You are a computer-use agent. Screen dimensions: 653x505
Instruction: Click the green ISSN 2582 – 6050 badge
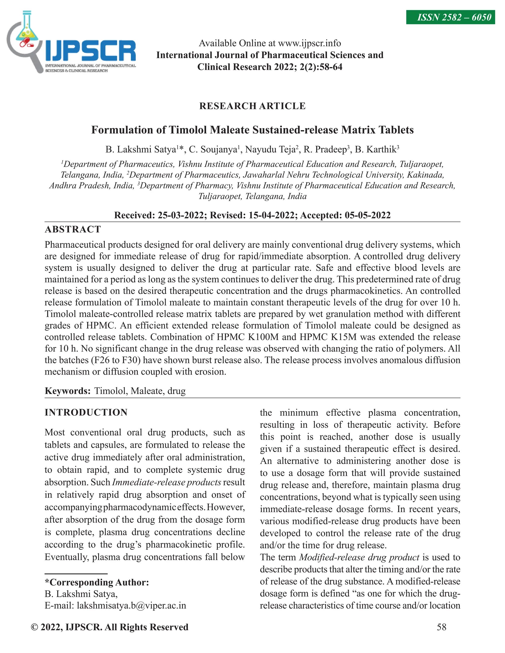coord(450,17)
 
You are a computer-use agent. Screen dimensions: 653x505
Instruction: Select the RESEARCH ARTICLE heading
coord(252,106)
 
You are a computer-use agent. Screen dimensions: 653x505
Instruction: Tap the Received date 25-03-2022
coord(181,215)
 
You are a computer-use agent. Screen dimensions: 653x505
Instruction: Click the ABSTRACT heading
coord(73,229)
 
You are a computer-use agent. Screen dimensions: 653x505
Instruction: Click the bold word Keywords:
coord(68,391)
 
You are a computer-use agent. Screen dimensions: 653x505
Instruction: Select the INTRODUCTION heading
coord(86,412)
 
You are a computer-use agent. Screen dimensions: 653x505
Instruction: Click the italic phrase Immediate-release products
coord(166,482)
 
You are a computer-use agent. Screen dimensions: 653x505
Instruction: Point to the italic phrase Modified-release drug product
coord(359,557)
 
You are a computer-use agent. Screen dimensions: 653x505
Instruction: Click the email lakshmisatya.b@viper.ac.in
coord(131,606)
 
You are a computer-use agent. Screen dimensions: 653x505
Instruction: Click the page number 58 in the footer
coord(442,627)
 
